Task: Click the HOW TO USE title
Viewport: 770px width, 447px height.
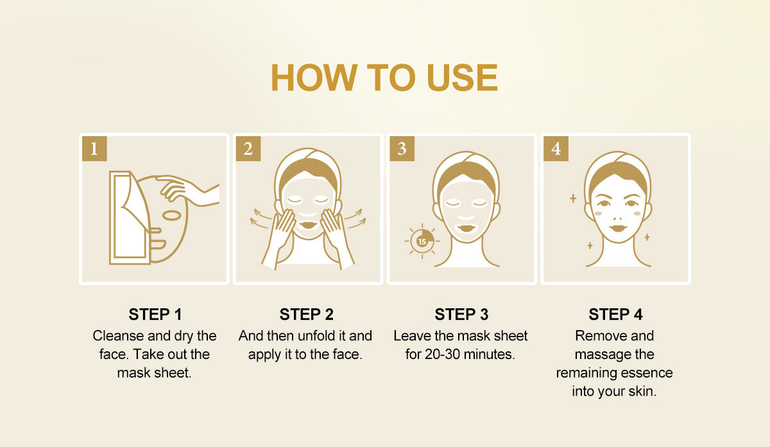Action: pyautogui.click(x=384, y=78)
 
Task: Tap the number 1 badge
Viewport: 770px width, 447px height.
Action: pyautogui.click(x=94, y=148)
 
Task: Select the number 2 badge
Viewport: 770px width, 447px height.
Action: pyautogui.click(x=248, y=148)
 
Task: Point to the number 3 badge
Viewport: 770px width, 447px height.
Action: pyautogui.click(x=402, y=148)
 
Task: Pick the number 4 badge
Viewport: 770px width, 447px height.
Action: pyautogui.click(x=556, y=148)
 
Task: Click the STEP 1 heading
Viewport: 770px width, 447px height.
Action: pyautogui.click(x=155, y=314)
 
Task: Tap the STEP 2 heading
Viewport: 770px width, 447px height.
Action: pyautogui.click(x=306, y=314)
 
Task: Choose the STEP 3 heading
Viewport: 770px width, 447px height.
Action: pyautogui.click(x=461, y=314)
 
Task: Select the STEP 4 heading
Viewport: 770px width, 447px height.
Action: pyautogui.click(x=615, y=314)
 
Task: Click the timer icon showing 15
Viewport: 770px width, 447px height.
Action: pyautogui.click(x=422, y=241)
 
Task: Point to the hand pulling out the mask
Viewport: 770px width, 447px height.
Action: pyautogui.click(x=188, y=191)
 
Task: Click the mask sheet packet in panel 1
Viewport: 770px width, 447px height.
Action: pyautogui.click(x=129, y=218)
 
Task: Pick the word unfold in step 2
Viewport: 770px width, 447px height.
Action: pyautogui.click(x=316, y=336)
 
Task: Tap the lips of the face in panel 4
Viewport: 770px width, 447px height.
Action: pyautogui.click(x=618, y=228)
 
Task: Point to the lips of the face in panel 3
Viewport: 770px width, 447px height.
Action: pyautogui.click(x=466, y=229)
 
